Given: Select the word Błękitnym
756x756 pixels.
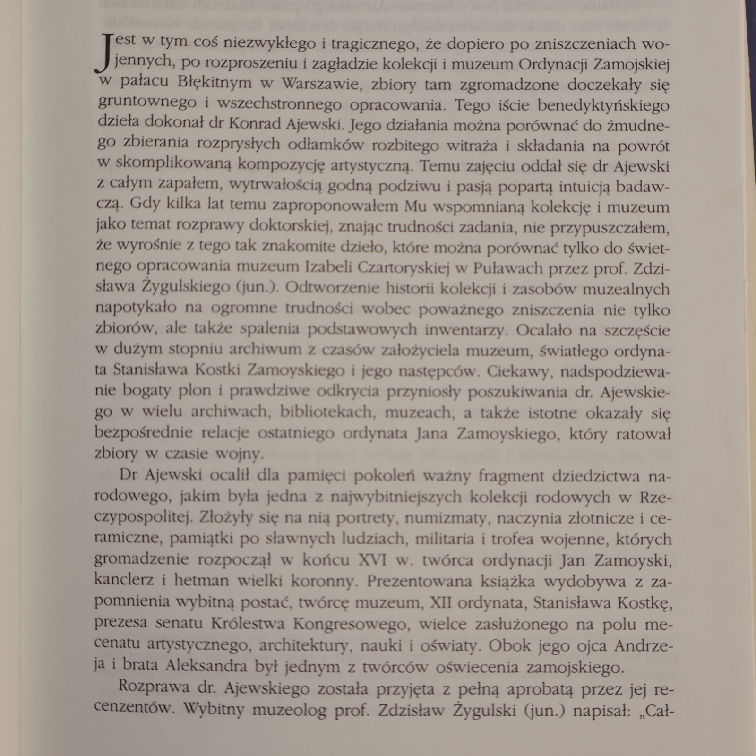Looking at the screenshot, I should point(215,82).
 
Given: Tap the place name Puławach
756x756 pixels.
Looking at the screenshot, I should point(506,268).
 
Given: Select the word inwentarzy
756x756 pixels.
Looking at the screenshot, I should point(464,330).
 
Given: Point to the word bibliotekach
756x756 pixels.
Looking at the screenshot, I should point(326,412).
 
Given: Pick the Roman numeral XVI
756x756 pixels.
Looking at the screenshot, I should point(373,560).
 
